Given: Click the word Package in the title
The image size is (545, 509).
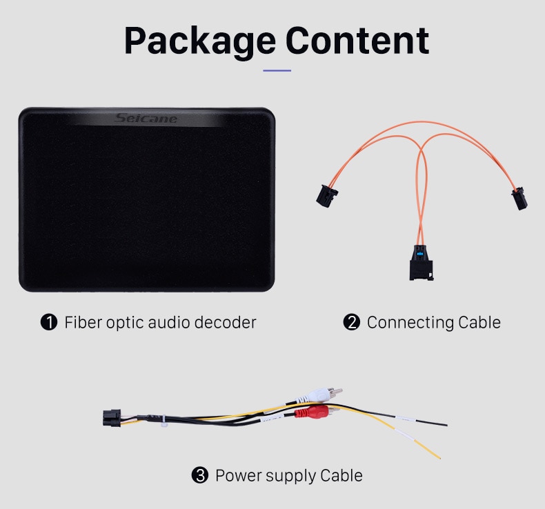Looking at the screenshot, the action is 200,41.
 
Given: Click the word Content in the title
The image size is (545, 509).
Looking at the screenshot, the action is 357,40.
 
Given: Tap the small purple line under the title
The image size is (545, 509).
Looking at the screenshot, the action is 277,70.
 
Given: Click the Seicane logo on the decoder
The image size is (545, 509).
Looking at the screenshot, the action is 146,119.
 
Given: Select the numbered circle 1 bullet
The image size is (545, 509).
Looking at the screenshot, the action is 49,322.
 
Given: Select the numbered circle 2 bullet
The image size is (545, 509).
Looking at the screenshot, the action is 351,322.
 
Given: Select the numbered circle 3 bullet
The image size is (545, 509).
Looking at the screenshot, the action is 200,475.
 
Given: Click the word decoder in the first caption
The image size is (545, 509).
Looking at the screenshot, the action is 225,322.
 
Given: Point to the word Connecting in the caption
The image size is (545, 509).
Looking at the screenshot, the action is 410,323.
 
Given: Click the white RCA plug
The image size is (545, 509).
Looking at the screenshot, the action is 319,395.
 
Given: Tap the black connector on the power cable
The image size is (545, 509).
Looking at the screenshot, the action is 112,418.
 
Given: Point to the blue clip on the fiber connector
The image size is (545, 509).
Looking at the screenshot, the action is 420,254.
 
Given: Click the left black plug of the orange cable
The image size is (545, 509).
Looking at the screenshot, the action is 327,196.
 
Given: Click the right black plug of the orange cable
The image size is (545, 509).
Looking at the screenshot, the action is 519,199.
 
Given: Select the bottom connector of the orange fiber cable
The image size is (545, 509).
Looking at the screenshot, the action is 422,263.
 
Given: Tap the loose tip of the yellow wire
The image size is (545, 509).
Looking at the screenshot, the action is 440,458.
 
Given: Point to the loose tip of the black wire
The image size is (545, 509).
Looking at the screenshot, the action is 446,425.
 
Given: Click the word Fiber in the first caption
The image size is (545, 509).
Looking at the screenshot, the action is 83,322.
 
